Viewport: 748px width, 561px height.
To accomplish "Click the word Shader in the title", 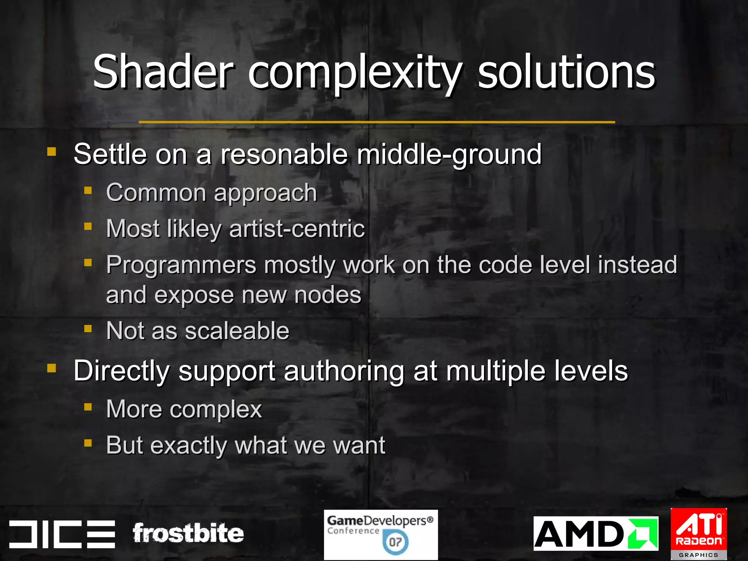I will click(x=163, y=72).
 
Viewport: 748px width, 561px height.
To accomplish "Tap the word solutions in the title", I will click(x=566, y=72).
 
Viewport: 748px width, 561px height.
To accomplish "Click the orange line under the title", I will click(x=377, y=122).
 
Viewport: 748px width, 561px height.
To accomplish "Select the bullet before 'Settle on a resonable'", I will click(x=51, y=151).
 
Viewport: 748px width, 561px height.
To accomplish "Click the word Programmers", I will click(x=181, y=266).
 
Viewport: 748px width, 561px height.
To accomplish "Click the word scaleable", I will click(x=237, y=331).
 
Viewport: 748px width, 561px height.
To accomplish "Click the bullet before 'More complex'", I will click(x=88, y=407).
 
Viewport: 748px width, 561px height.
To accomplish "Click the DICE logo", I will click(x=62, y=534).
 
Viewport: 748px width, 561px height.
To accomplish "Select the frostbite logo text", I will click(x=188, y=533).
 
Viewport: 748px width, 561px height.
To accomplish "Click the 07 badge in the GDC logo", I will click(x=395, y=542).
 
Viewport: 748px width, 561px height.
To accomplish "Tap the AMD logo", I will click(x=595, y=534).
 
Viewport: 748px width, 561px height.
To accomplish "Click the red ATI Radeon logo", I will click(x=698, y=529).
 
